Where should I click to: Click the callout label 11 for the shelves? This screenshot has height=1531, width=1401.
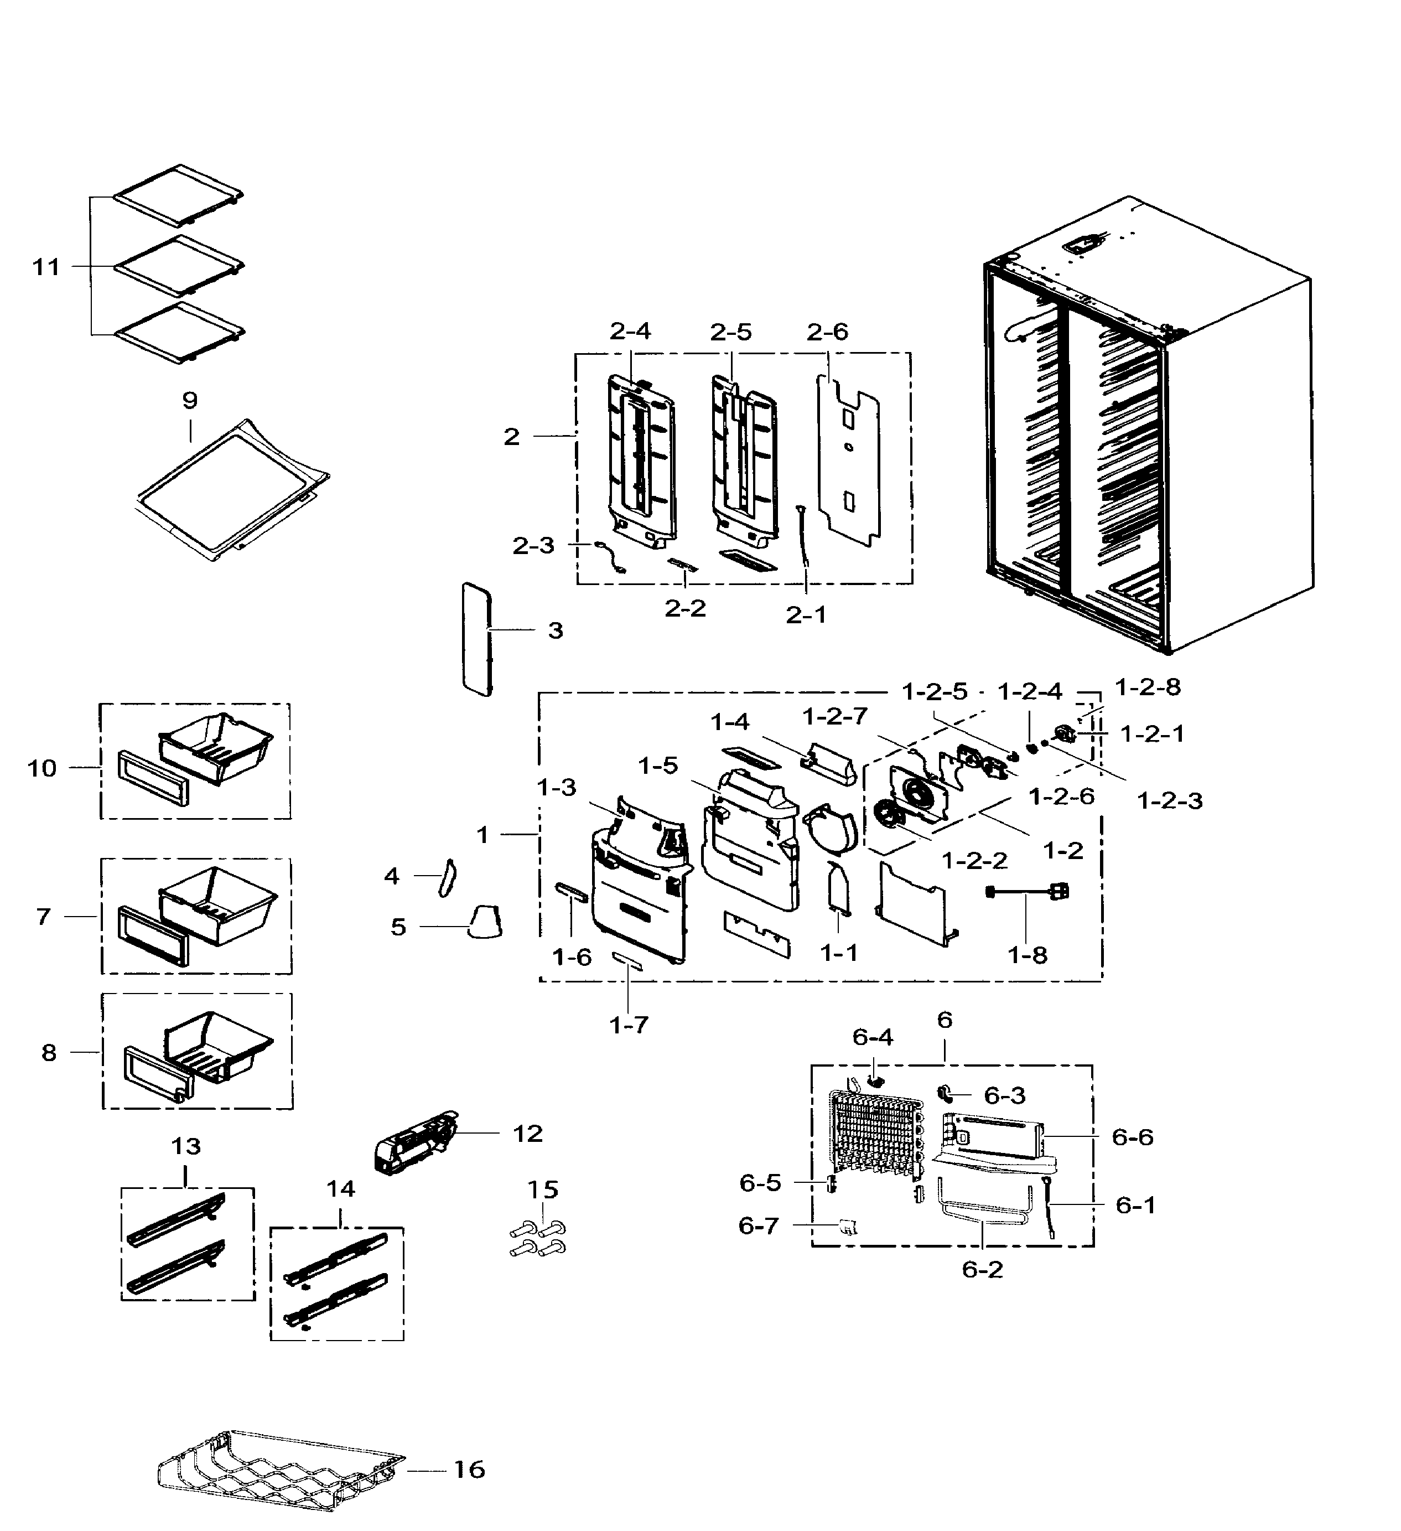pos(45,267)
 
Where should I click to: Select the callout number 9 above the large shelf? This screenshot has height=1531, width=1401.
pos(190,400)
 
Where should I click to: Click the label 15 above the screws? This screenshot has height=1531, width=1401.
pos(542,1189)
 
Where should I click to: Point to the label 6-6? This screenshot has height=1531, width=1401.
pos(1132,1137)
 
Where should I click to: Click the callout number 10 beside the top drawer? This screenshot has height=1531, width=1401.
pos(43,768)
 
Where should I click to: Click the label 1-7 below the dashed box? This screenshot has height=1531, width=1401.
pos(629,1025)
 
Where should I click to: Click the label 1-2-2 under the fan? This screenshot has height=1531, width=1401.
pos(974,861)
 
